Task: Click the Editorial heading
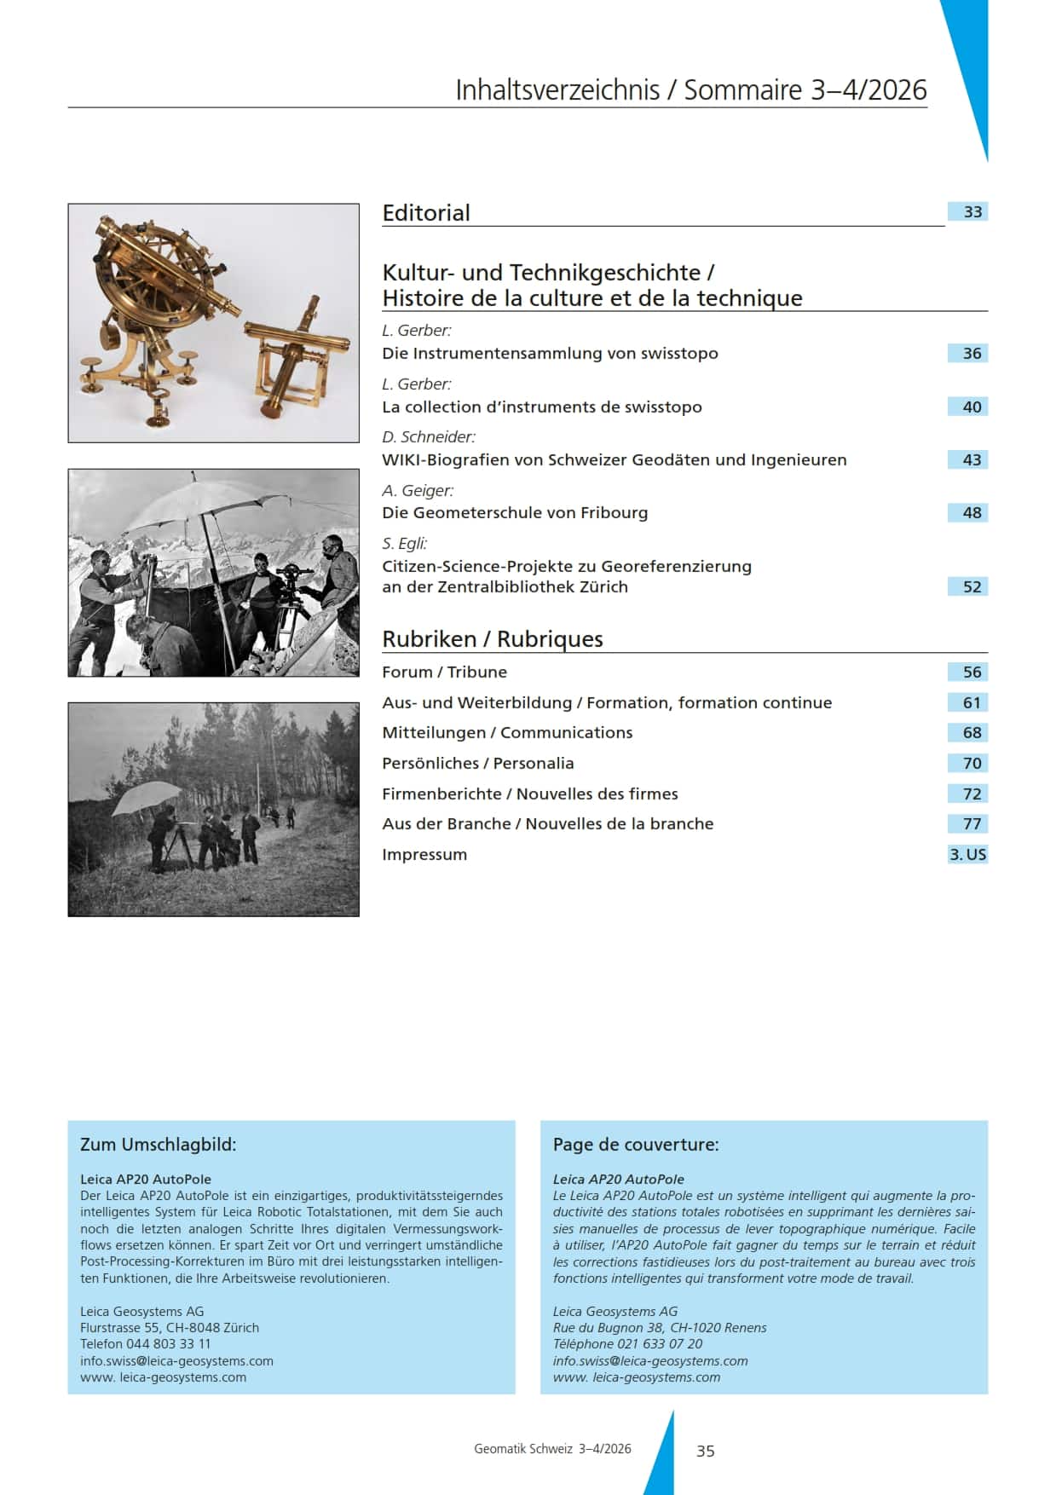coord(426,213)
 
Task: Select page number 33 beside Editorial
coord(972,212)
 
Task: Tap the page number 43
coord(972,460)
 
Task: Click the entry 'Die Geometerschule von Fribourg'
coord(515,513)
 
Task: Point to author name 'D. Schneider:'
coord(429,437)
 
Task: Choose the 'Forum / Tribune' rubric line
coord(444,672)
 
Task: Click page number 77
coord(972,824)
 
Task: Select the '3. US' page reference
coord(967,855)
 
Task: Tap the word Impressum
coord(424,855)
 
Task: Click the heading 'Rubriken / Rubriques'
coord(493,639)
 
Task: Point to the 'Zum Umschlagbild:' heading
coord(159,1145)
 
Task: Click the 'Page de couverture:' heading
coord(636,1145)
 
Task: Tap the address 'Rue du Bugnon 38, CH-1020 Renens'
coord(660,1328)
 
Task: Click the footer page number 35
coord(706,1451)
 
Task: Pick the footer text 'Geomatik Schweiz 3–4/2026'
coord(552,1449)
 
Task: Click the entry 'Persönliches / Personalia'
coord(477,764)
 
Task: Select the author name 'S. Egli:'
coord(405,544)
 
